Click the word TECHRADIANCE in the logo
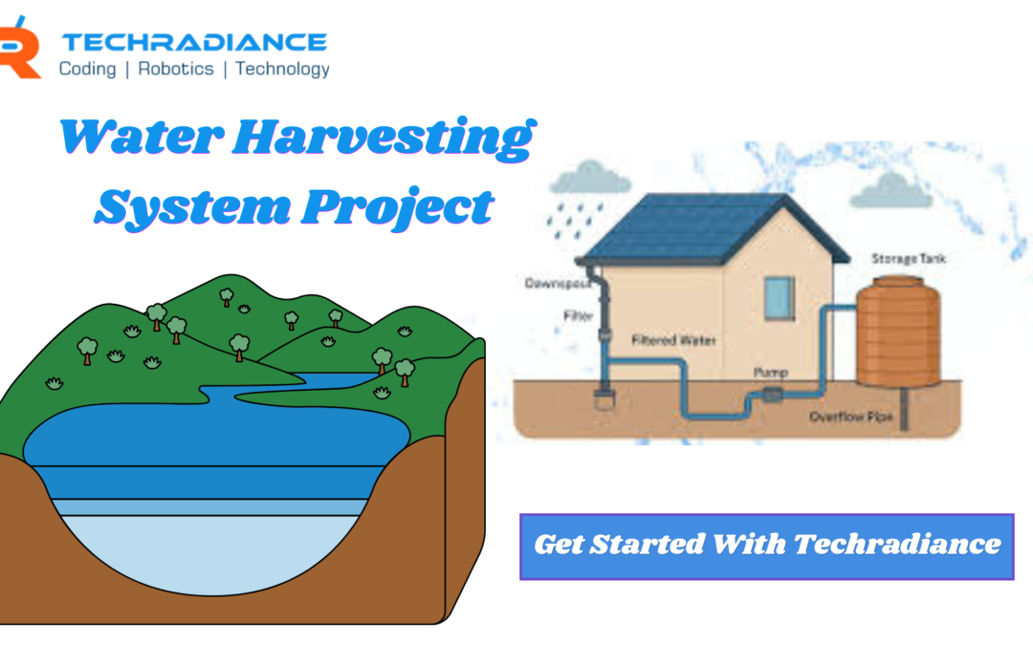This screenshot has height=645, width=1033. [194, 42]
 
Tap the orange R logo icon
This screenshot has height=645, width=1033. [19, 53]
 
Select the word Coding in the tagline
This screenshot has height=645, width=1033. [87, 69]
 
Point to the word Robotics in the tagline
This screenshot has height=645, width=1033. [175, 69]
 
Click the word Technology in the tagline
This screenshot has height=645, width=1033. [282, 69]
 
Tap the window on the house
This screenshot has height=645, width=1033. [779, 297]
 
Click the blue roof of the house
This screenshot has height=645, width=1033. [713, 229]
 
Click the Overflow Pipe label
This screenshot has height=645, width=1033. [850, 418]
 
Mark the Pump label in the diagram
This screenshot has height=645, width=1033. [770, 370]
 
